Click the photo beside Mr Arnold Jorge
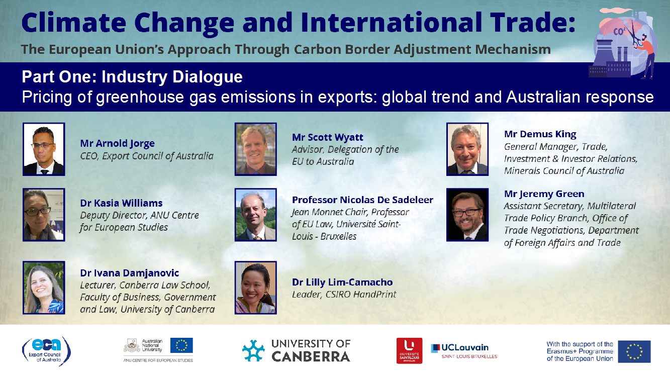coord(44,149)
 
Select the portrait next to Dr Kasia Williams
coord(44,215)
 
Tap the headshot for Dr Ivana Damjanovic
coord(44,288)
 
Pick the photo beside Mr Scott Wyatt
coord(256,149)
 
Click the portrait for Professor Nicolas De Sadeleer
coord(256,215)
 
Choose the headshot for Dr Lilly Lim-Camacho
coord(256,288)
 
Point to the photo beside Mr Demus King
coord(467,149)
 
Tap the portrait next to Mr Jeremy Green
coord(467,215)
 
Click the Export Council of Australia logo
coord(46,351)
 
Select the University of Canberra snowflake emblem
coord(253,350)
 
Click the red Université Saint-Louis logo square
coord(409,351)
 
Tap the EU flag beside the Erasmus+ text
coord(634,351)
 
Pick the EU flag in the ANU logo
coord(181,345)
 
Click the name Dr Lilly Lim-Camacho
coord(342,282)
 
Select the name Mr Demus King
coord(540,134)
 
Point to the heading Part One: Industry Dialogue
coord(132,76)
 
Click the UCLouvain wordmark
coord(465,347)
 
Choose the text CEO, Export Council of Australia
coord(147,156)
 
